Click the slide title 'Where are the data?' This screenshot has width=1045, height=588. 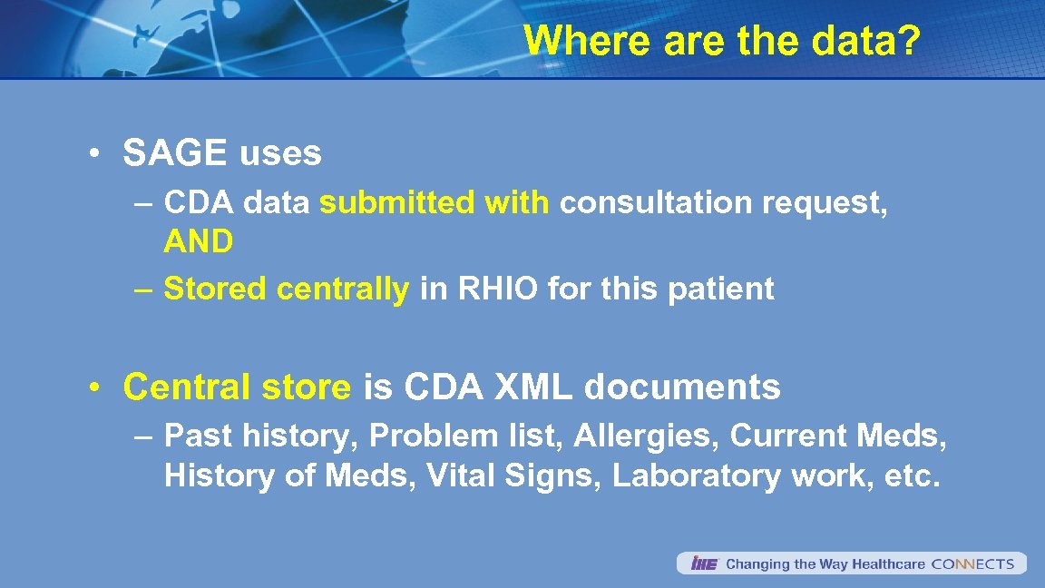pos(722,41)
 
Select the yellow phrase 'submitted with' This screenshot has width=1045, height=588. pos(435,203)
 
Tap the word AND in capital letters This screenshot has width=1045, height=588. pos(199,242)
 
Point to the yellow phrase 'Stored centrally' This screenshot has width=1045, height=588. pos(287,289)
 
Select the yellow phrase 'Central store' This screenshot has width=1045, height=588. pos(237,387)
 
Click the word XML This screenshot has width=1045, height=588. pos(532,387)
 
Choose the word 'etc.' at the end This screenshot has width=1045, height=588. pos(911,476)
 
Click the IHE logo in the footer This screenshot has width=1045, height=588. pos(703,564)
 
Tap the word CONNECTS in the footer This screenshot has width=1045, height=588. pos(972,564)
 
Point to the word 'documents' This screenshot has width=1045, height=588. pos(682,387)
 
